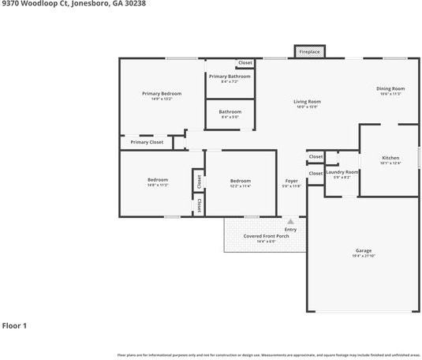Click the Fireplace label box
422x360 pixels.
click(x=308, y=52)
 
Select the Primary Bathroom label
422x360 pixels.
click(x=230, y=77)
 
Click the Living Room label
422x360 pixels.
click(x=307, y=102)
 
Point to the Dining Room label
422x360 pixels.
click(x=390, y=88)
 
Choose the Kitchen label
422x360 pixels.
click(x=390, y=158)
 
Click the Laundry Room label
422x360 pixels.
click(x=342, y=172)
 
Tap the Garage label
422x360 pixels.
click(x=363, y=251)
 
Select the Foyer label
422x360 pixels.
click(x=291, y=182)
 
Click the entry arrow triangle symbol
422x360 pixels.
click(x=290, y=222)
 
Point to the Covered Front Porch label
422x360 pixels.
click(x=265, y=236)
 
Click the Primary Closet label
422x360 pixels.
click(x=147, y=142)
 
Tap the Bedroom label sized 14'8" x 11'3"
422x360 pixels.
click(x=157, y=180)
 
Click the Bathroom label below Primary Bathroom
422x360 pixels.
click(x=230, y=112)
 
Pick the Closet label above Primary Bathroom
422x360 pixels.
click(x=245, y=62)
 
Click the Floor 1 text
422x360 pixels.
click(x=14, y=325)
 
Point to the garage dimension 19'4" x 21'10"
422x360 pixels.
click(x=363, y=257)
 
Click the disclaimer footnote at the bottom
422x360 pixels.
click(x=268, y=355)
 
